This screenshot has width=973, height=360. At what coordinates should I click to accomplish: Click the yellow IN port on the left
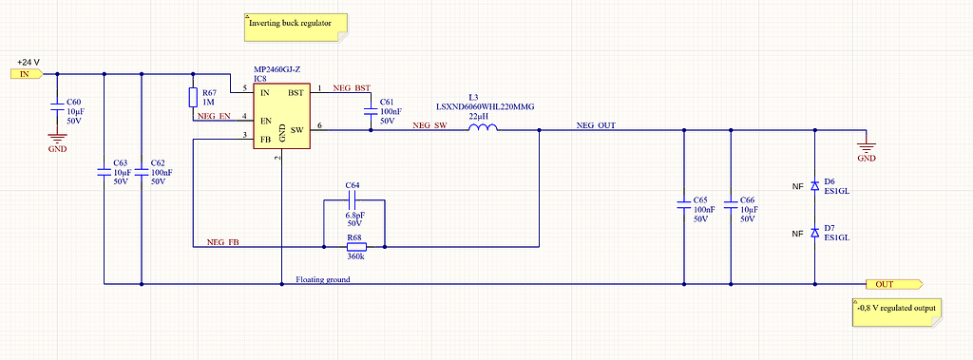[x=26, y=73]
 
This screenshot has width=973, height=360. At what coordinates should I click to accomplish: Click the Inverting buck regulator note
[x=296, y=27]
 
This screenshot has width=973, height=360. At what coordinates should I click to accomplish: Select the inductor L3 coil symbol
[x=484, y=129]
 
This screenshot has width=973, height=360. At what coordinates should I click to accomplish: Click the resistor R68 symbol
[x=354, y=247]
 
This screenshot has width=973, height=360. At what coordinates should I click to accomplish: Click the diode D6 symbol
[x=813, y=186]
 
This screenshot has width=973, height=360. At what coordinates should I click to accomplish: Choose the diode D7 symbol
[x=813, y=233]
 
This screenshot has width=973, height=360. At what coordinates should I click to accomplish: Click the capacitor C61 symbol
[x=370, y=110]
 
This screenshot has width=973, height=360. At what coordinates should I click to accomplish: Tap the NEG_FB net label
[x=222, y=242]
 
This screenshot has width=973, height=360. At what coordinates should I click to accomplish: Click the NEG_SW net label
[x=429, y=125]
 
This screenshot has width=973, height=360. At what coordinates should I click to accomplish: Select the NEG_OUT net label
[x=596, y=125]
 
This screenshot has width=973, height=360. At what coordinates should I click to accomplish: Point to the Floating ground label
[x=323, y=279]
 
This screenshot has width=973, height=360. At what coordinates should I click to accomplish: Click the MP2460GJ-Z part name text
[x=278, y=68]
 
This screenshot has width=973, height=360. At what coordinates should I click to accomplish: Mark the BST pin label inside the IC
[x=296, y=92]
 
